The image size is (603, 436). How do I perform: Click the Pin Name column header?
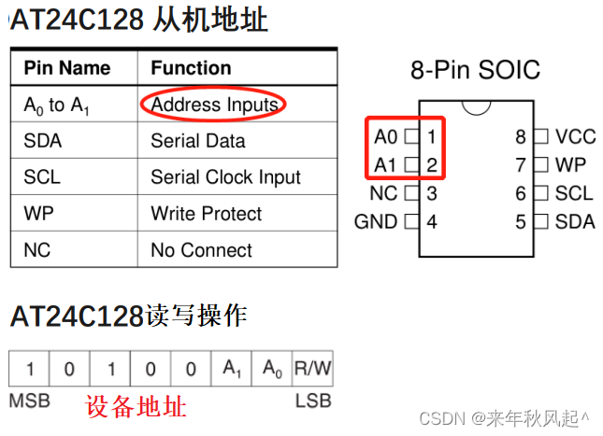66,68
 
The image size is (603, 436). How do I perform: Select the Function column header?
191,68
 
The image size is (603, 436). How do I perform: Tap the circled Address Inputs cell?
214,105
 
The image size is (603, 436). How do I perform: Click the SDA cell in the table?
42,141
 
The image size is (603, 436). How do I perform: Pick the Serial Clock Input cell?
225,177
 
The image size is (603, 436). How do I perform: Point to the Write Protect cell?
206,214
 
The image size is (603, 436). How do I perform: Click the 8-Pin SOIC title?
475,70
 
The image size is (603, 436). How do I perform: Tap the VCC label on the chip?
575,137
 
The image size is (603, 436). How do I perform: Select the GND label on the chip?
375,222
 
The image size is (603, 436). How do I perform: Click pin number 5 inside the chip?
521,222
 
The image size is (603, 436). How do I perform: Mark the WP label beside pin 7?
570,165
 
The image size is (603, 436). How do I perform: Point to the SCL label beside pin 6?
573,193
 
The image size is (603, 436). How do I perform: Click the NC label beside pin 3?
383,194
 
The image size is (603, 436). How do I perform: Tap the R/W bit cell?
312,369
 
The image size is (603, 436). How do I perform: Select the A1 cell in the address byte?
231,369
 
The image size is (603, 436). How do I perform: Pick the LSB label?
313,401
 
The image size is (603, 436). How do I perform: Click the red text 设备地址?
136,407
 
